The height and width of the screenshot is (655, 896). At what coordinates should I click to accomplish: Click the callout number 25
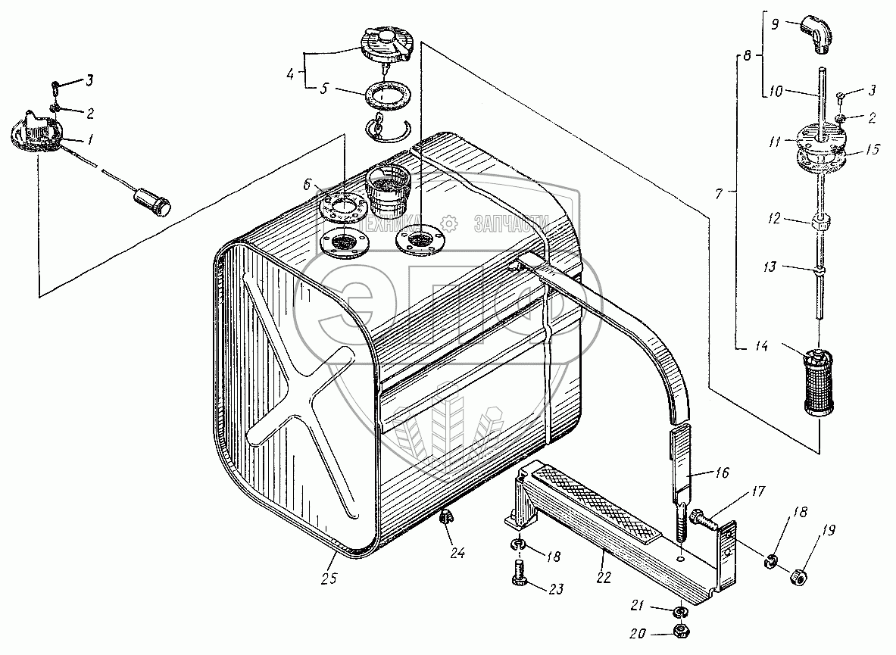click(x=329, y=579)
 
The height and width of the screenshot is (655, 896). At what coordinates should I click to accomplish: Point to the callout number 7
click(x=718, y=194)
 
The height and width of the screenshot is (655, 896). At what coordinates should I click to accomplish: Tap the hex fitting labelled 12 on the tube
click(x=820, y=224)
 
